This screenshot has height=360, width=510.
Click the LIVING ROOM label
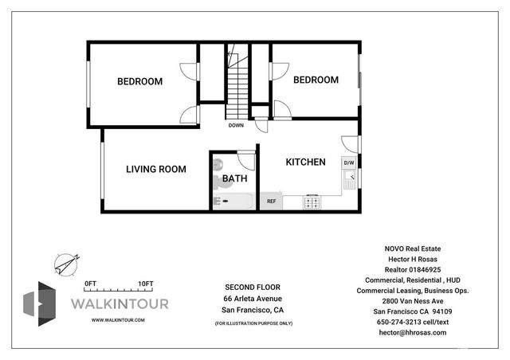click(x=156, y=169)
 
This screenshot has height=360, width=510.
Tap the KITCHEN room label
click(x=305, y=162)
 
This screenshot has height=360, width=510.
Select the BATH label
click(x=234, y=179)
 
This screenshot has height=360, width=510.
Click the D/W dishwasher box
click(x=348, y=162)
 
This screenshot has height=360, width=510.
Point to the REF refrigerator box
click(x=271, y=202)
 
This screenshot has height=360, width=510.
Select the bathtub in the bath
click(x=233, y=201)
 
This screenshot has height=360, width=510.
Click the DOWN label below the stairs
click(x=236, y=125)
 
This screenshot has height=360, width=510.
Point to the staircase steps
click(x=237, y=88)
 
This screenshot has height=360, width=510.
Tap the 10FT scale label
click(x=145, y=284)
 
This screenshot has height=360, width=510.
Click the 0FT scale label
click(x=90, y=284)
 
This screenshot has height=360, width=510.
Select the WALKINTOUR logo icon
click(x=40, y=303)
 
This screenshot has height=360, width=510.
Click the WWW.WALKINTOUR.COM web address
click(x=118, y=319)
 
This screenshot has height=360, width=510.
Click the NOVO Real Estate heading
click(x=411, y=248)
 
